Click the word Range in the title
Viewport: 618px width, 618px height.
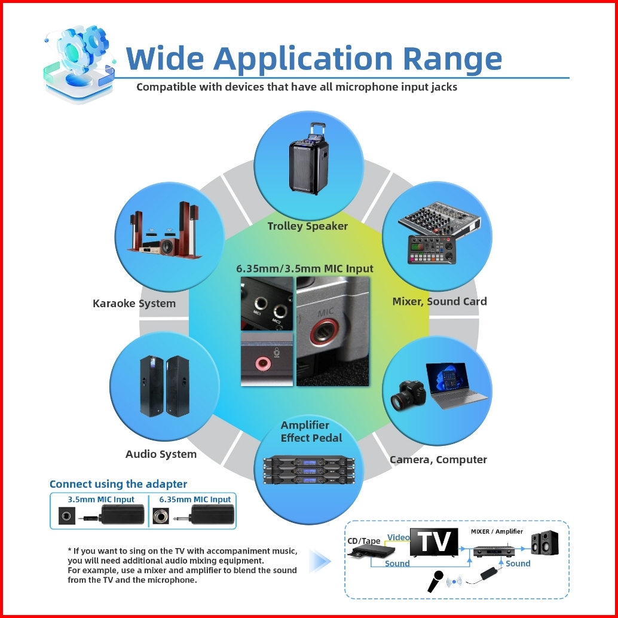[452, 58]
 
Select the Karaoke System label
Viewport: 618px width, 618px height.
[134, 303]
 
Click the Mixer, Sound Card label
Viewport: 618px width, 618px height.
[439, 301]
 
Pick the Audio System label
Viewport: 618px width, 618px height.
[161, 454]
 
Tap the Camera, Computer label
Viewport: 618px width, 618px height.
[438, 460]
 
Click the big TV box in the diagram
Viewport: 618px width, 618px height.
[433, 541]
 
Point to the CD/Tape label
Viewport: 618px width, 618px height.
[364, 541]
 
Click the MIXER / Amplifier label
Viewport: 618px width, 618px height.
[496, 531]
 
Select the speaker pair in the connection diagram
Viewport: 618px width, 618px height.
[544, 542]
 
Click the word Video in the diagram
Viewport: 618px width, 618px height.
[399, 537]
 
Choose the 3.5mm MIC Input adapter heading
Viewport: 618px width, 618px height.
[101, 499]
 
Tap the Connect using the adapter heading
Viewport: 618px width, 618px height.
[118, 484]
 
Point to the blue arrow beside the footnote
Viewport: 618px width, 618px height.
[320, 561]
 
